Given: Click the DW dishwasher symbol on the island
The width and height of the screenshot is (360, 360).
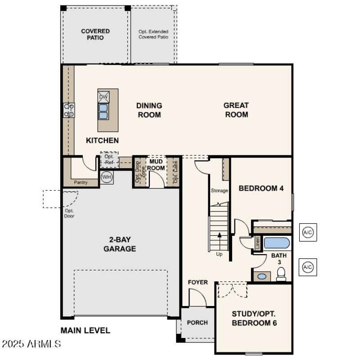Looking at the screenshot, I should pyautogui.click(x=103, y=96).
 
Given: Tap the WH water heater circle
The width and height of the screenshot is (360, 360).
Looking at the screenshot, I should pyautogui.click(x=107, y=177).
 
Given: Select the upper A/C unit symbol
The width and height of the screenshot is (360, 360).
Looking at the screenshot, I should pyautogui.click(x=308, y=232).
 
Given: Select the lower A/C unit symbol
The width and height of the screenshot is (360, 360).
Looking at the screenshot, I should pyautogui.click(x=308, y=267).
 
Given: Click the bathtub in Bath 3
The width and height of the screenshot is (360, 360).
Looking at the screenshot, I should pyautogui.click(x=276, y=243).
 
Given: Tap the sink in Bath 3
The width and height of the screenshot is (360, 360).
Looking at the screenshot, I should pyautogui.click(x=261, y=276).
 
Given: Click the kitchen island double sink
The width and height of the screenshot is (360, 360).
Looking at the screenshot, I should pyautogui.click(x=103, y=111).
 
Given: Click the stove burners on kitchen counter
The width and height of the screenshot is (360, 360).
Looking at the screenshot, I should pyautogui.click(x=69, y=110).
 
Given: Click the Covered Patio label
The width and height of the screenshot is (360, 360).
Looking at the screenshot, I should pyautogui.click(x=95, y=34).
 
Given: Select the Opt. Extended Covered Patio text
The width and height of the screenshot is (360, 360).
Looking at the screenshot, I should pyautogui.click(x=153, y=34).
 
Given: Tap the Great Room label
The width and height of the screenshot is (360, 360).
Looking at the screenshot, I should pyautogui.click(x=236, y=110).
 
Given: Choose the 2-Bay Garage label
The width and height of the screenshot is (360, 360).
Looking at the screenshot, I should pyautogui.click(x=120, y=244).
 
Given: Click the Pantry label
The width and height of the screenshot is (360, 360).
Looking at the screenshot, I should pyautogui.click(x=81, y=182).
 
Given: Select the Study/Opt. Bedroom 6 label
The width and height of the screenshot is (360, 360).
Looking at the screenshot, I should pyautogui.click(x=254, y=318).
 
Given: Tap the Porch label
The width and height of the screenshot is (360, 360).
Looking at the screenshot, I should pyautogui.click(x=198, y=322).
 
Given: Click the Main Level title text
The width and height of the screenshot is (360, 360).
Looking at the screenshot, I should pyautogui.click(x=85, y=330).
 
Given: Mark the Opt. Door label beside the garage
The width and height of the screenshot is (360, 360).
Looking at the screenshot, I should pyautogui.click(x=69, y=213).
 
